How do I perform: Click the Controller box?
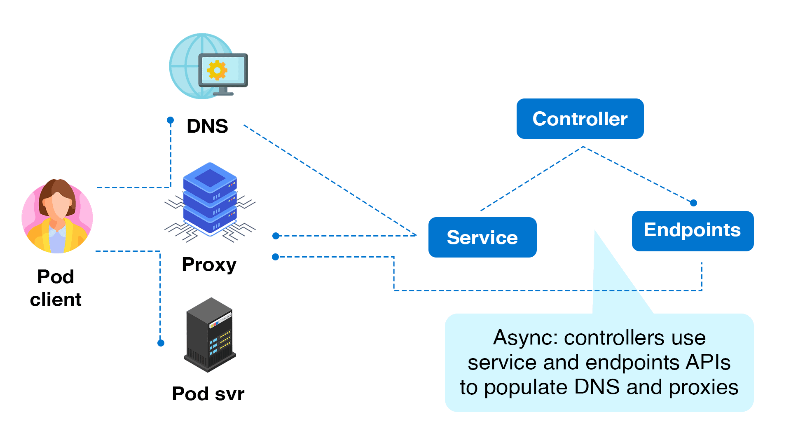coord(580,119)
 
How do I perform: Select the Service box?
coord(482,237)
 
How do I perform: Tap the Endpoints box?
coord(692,231)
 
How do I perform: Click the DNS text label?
coord(207,126)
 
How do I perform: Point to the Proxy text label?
coord(209,265)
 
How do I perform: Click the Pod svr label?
coord(208,393)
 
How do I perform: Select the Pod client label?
coord(56,288)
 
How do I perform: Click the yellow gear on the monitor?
coord(217,70)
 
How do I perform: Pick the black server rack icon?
coord(209,335)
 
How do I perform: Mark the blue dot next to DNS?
coord(170,120)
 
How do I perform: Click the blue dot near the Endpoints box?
coord(693,203)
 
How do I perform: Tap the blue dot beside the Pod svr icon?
coord(161,343)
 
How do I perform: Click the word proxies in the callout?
coord(703,387)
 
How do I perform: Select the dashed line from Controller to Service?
coord(531,178)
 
